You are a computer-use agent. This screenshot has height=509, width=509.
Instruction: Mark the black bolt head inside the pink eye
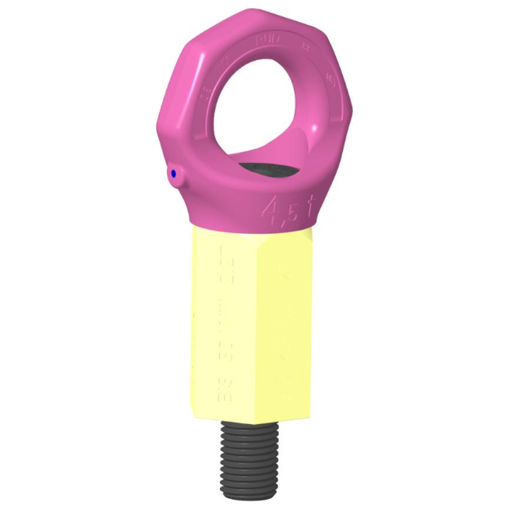coord(268,170)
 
